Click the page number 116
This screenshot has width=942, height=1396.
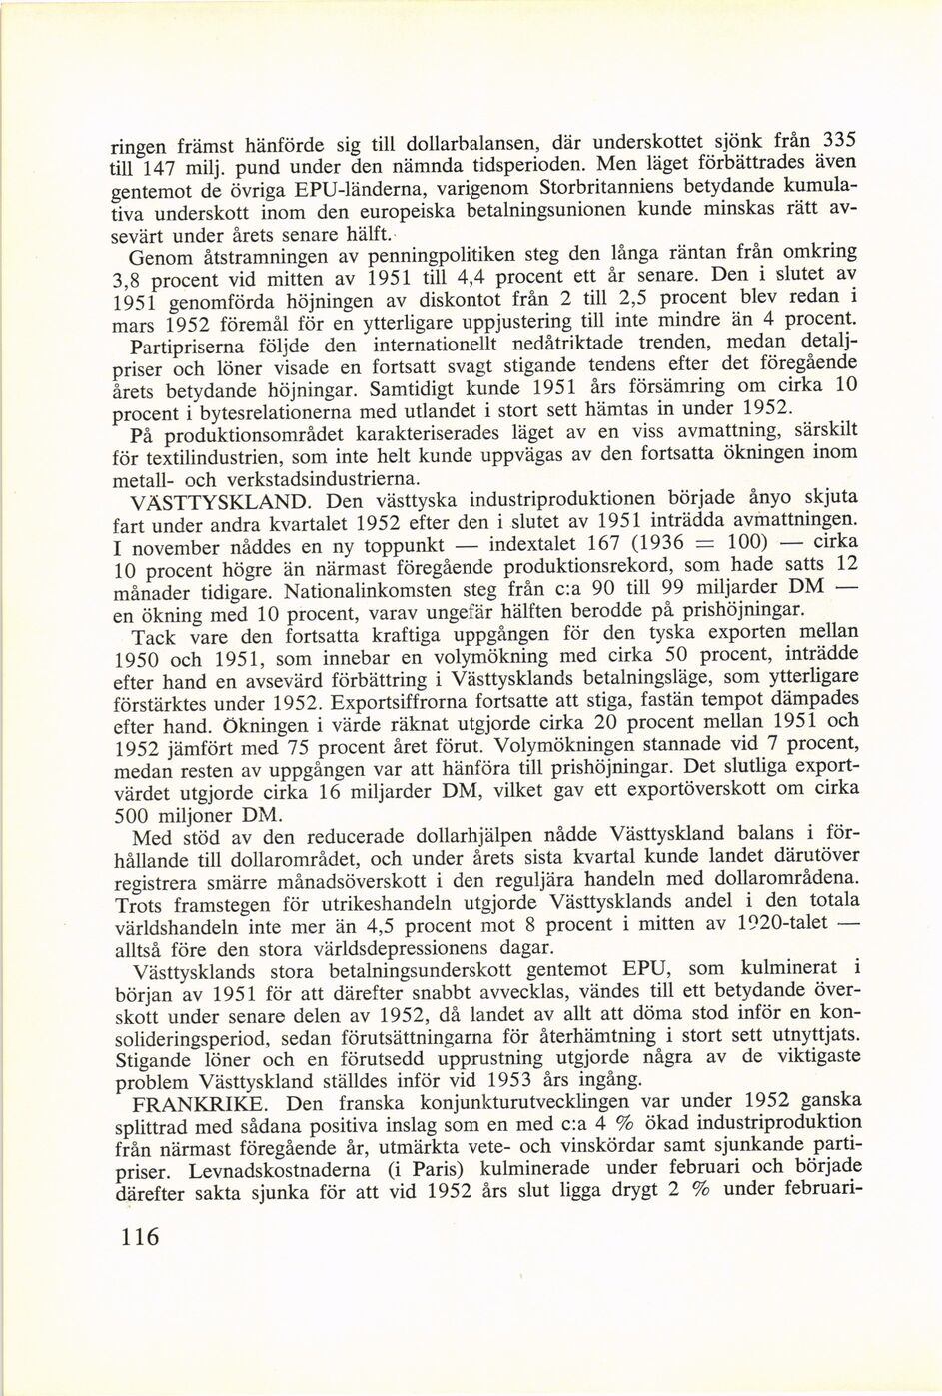click(x=139, y=1238)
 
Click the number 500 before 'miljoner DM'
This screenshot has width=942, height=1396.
click(x=131, y=815)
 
